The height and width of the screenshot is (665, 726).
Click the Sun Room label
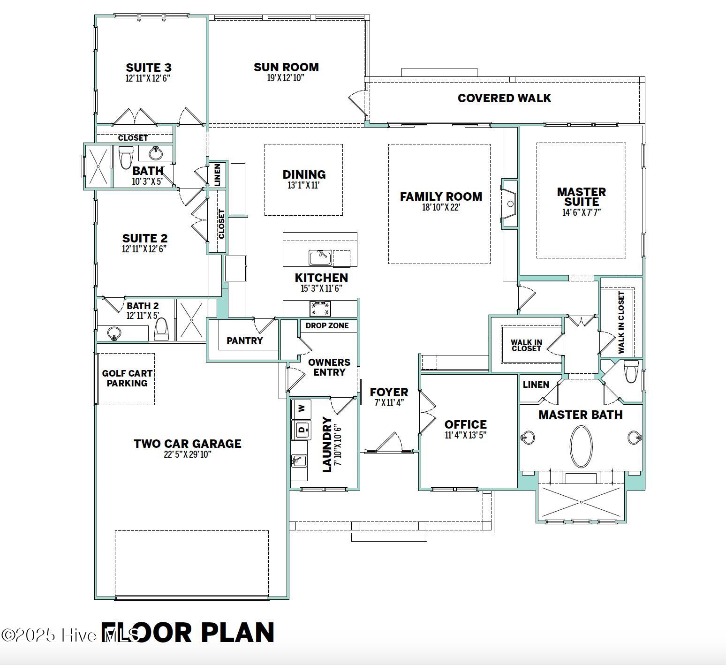click(286, 68)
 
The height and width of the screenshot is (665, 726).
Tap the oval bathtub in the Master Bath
click(581, 446)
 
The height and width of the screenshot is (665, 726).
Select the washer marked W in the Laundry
click(301, 408)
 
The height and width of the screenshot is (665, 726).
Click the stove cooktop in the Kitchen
click(320, 309)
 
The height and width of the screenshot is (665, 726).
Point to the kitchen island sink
click(320, 257)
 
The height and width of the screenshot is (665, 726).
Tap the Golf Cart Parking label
click(127, 378)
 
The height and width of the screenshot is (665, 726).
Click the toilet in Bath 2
click(161, 329)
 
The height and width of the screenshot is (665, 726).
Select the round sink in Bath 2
click(114, 333)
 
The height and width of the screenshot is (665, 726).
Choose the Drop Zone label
click(327, 325)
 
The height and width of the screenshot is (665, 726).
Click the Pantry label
click(244, 340)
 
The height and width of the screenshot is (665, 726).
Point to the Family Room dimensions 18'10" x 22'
click(441, 207)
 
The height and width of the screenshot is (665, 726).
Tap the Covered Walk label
click(504, 98)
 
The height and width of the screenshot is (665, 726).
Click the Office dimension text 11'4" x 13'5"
click(465, 435)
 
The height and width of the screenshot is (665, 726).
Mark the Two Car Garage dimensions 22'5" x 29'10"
click(188, 454)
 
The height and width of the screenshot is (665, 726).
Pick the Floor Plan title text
click(188, 633)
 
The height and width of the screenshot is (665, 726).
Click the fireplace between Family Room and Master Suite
click(510, 204)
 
